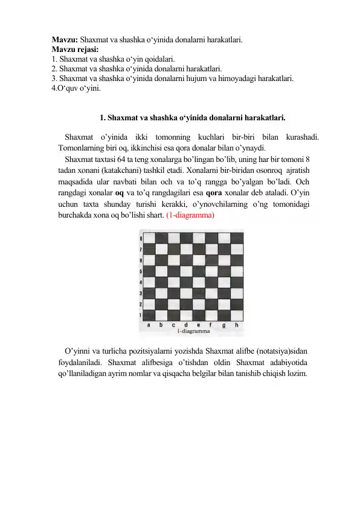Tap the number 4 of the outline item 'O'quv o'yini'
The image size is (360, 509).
pos(54,88)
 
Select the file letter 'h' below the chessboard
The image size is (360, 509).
pos(236,325)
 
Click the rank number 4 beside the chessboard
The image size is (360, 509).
pos(141,282)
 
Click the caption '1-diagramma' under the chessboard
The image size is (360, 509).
pos(193,331)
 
